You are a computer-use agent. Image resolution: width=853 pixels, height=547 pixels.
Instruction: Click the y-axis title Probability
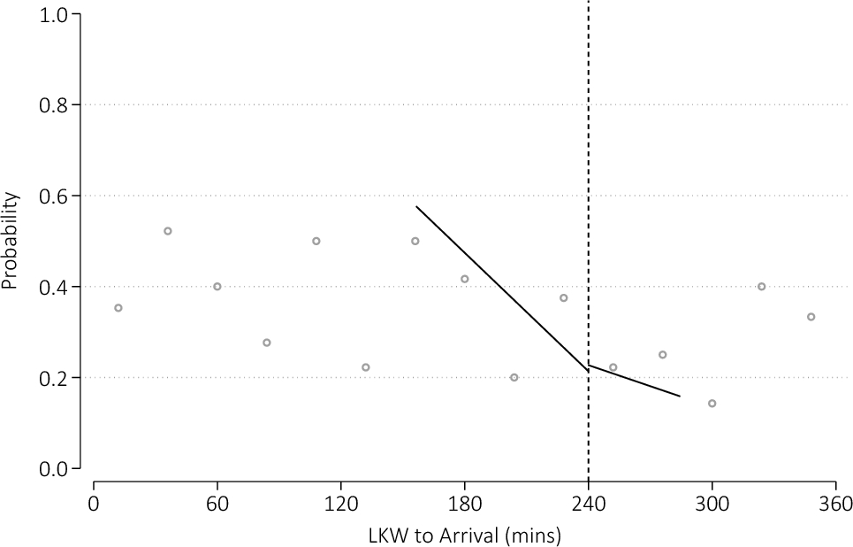(x=10, y=242)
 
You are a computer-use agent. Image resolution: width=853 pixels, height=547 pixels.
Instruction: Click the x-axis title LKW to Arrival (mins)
(x=464, y=535)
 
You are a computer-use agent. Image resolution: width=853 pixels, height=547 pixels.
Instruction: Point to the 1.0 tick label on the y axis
(x=56, y=15)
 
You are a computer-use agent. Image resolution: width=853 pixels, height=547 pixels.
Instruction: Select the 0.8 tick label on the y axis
(x=56, y=105)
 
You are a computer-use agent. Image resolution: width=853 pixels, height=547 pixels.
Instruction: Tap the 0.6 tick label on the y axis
(x=56, y=196)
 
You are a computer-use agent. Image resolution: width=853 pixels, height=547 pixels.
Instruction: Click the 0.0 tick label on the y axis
(x=56, y=468)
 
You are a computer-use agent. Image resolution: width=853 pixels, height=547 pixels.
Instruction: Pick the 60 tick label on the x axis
(x=217, y=505)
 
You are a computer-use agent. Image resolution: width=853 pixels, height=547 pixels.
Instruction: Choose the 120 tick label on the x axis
(x=341, y=505)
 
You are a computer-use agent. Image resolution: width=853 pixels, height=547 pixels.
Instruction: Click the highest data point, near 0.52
(x=167, y=231)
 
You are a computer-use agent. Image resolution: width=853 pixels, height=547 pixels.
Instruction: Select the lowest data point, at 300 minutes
(x=712, y=404)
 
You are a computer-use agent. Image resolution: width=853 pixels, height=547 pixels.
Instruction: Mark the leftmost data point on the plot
(x=118, y=308)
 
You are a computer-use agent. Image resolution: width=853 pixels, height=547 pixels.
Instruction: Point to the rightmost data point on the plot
(x=811, y=317)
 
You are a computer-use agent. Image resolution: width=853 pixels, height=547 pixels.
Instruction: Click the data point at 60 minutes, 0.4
(x=217, y=287)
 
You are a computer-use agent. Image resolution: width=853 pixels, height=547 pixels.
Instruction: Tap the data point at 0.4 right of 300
(x=761, y=287)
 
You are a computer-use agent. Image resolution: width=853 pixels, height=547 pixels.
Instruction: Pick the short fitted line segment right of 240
(x=635, y=381)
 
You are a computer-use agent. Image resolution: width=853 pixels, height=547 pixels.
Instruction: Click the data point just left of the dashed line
(x=563, y=298)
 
